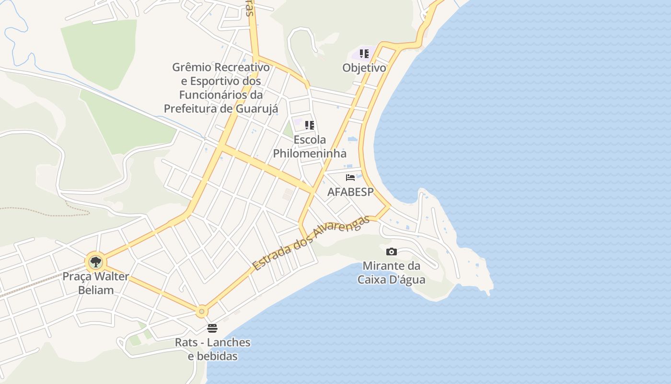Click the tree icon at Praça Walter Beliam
pos(96,262)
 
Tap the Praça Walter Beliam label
pos(96,283)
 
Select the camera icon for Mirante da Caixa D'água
pos(392,252)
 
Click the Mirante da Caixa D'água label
pos(392,273)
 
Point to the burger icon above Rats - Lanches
pos(212,328)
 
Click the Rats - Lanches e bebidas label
pos(212,349)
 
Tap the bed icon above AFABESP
pos(350,178)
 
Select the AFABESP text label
pos(350,192)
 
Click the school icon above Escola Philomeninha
pos(310,125)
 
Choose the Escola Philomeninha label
pos(310,146)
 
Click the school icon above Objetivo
pos(364,54)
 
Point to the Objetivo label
pos(364,68)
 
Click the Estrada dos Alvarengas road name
pos(312,243)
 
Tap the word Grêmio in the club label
pos(191,67)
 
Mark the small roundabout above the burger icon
pos(202,312)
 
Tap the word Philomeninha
pos(310,154)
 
